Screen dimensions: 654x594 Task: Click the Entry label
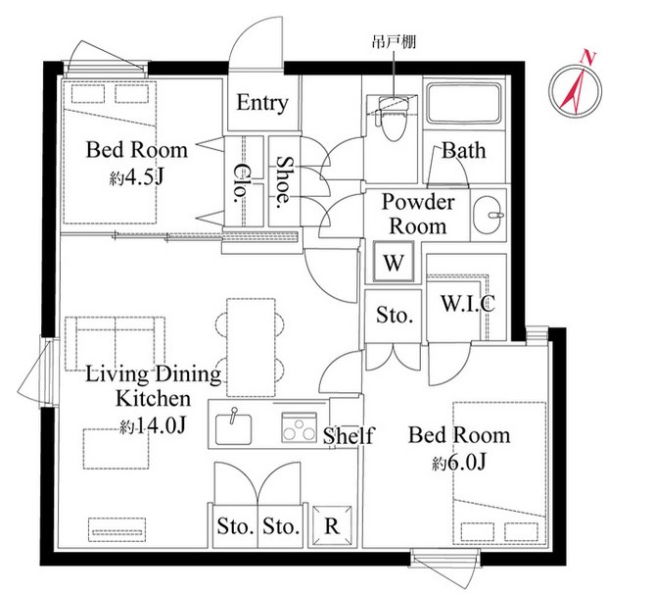coord(262,103)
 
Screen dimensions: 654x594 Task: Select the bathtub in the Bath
coord(464,103)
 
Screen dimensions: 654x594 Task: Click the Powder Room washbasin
coord(488,216)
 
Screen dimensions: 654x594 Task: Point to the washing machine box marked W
coord(394,263)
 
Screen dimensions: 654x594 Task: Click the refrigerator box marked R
coord(332,526)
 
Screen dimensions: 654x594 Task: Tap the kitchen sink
coord(234,427)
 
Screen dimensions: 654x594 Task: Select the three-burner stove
coord(299,427)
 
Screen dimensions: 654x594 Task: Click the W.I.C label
coord(468,303)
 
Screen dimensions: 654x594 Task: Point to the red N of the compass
coord(588,57)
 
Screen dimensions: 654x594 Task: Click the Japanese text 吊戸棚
coord(394,42)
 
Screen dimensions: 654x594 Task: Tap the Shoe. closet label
coord(285,182)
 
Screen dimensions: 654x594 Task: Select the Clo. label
coord(240,182)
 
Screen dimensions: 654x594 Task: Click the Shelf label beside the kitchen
coord(349,435)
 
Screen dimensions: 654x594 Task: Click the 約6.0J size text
coord(459,463)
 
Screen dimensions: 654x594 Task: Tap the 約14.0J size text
coord(152,426)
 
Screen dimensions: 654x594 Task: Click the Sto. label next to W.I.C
coord(395,315)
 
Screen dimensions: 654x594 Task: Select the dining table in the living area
coord(251,347)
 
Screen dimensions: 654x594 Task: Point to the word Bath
coord(464,151)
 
